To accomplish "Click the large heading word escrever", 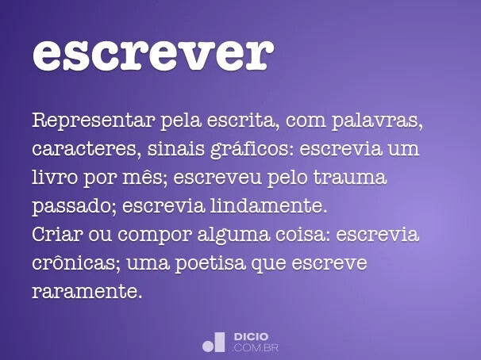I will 153,53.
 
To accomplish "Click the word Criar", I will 56,236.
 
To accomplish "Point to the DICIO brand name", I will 251,337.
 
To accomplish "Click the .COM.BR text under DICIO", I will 256,347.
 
